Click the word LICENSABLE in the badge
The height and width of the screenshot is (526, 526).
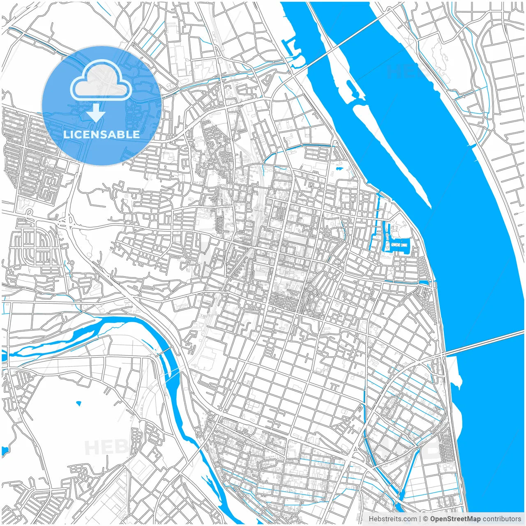[101, 134]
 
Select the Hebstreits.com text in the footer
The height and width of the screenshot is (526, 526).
[392, 519]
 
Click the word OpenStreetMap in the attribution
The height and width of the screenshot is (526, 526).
[455, 519]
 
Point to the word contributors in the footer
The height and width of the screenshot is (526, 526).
[502, 519]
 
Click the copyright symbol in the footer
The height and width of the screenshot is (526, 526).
[426, 519]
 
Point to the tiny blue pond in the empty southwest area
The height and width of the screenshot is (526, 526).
[78, 404]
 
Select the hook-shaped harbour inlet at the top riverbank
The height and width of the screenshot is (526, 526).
[293, 51]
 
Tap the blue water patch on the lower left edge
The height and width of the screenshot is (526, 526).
[5, 451]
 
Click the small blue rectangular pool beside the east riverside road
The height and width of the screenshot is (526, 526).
[424, 283]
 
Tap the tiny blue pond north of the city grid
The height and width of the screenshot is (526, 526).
[339, 168]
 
